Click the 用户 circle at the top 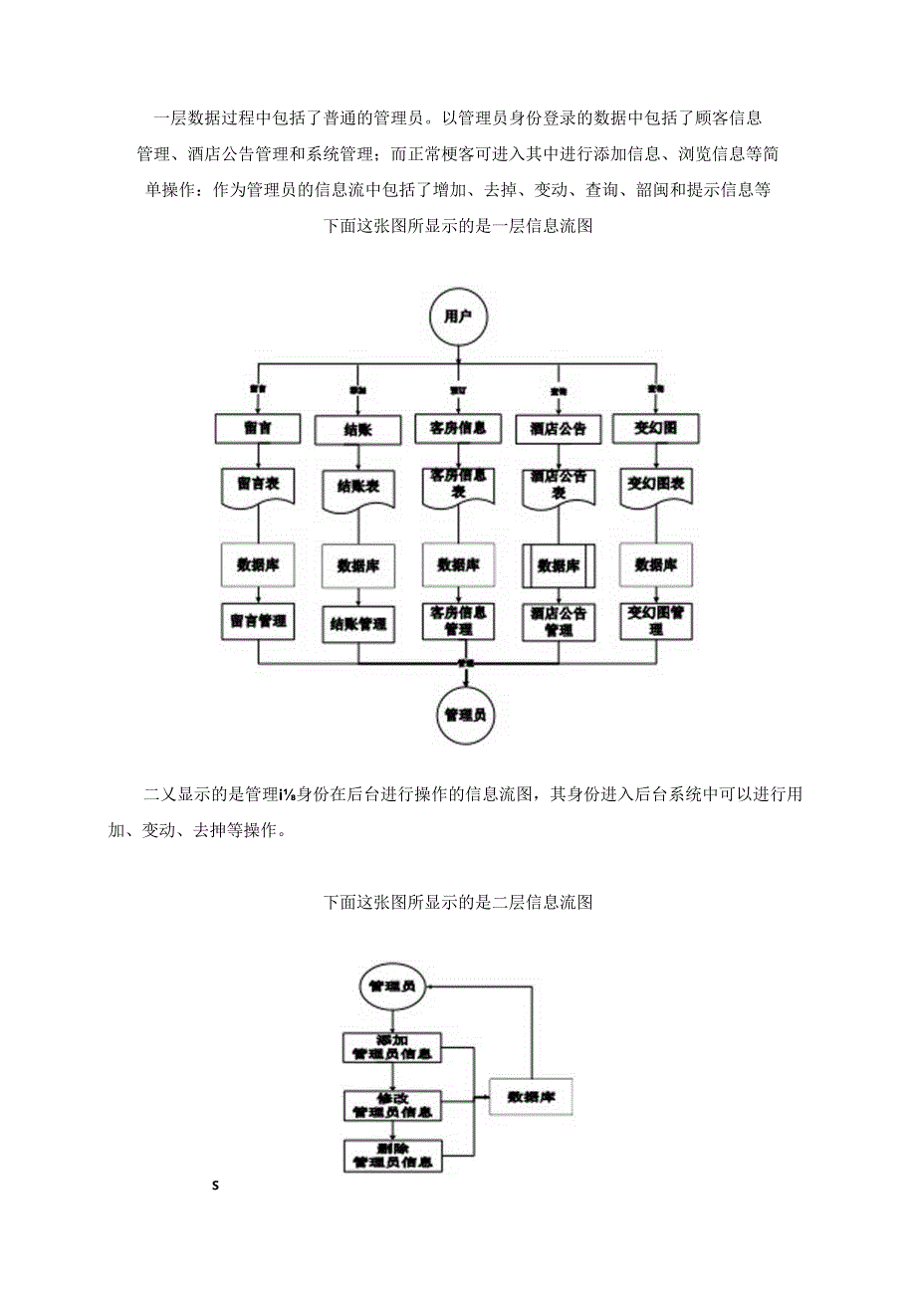(457, 317)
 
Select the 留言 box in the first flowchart (258, 429)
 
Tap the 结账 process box (357, 430)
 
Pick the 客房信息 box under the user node (457, 429)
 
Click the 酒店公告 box (558, 430)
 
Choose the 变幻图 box (656, 429)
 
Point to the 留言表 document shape (258, 486)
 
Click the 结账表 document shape (357, 488)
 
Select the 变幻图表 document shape (656, 486)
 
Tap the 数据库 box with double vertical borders (558, 565)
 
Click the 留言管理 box (258, 621)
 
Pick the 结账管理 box (357, 624)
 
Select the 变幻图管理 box (656, 621)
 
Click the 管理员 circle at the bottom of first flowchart (465, 714)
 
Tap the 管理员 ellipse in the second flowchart (392, 986)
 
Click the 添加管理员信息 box (392, 1047)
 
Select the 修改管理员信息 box (392, 1105)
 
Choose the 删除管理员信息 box (392, 1156)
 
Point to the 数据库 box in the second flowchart (530, 1098)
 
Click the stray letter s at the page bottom (215, 1186)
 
